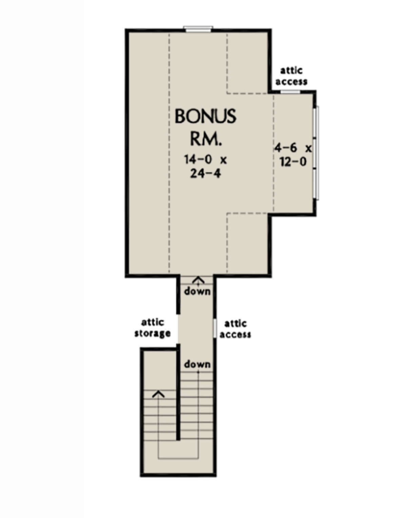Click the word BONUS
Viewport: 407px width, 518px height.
point(205,116)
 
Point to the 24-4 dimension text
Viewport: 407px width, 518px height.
point(205,173)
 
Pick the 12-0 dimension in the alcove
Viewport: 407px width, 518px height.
point(293,162)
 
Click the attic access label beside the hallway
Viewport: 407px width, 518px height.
point(235,329)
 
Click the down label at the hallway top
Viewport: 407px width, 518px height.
point(197,291)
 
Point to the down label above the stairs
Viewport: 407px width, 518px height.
point(197,364)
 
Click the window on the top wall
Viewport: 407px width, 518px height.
point(198,28)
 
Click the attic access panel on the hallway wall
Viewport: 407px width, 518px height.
point(215,328)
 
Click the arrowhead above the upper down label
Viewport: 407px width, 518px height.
point(198,280)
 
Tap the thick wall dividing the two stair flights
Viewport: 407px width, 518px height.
point(177,394)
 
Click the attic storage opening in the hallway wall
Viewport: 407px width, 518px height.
point(177,328)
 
